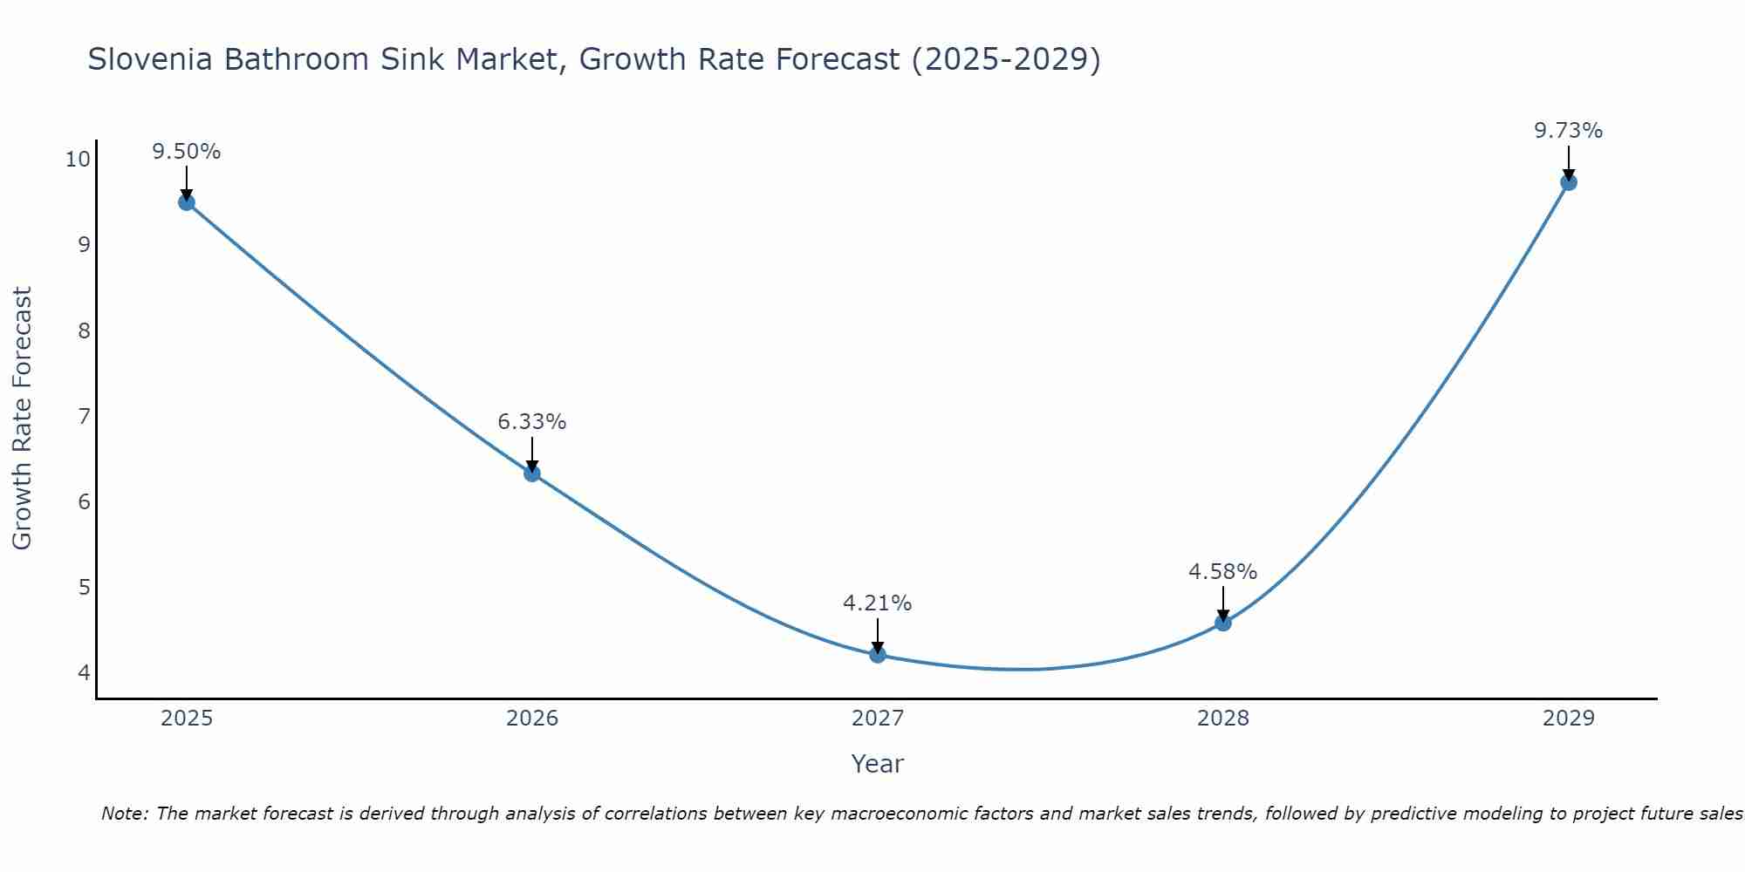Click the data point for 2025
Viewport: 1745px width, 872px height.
186,202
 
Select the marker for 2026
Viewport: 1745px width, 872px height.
532,473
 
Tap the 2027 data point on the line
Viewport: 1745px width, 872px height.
878,655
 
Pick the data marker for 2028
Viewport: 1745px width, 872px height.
1223,623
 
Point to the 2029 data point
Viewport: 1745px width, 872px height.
1569,182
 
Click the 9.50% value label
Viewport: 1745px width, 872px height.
186,152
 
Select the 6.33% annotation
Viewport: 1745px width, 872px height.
532,422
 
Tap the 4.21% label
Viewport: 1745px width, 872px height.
878,603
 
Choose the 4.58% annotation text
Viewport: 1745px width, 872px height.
1223,572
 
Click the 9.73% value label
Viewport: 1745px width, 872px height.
1569,131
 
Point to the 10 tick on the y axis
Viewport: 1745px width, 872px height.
78,160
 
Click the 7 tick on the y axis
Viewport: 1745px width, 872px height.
84,416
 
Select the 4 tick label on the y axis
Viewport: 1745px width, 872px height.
84,672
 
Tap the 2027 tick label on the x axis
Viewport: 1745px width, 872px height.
878,719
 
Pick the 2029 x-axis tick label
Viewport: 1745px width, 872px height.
1569,719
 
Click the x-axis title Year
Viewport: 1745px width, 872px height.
878,764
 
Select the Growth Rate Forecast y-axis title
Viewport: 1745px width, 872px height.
22,419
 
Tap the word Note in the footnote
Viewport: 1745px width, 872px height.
125,814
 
